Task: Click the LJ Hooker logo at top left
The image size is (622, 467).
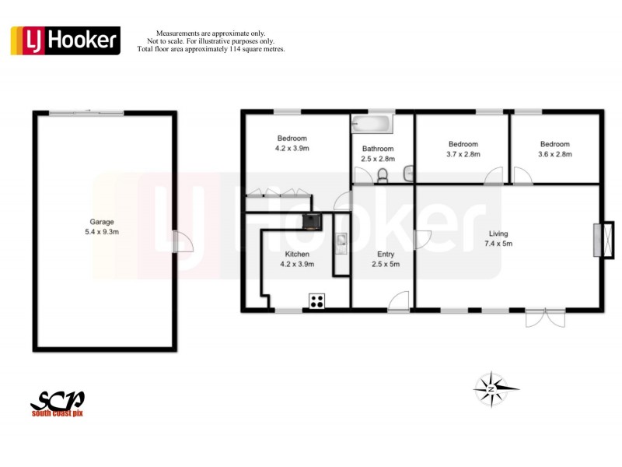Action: pyautogui.click(x=65, y=40)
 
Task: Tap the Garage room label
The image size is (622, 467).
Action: pyautogui.click(x=102, y=222)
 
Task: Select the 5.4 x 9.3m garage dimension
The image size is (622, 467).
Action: pyautogui.click(x=102, y=231)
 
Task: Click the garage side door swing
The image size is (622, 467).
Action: pyautogui.click(x=182, y=241)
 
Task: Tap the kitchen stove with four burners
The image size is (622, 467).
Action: pyautogui.click(x=317, y=301)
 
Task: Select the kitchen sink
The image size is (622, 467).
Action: pyautogui.click(x=341, y=244)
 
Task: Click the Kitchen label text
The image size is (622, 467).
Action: pyautogui.click(x=297, y=255)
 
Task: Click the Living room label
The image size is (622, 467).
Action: pyautogui.click(x=498, y=233)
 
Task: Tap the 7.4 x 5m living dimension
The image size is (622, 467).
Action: pyautogui.click(x=498, y=244)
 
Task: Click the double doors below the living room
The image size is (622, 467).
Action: pyautogui.click(x=546, y=317)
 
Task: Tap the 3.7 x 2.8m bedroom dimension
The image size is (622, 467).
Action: pyautogui.click(x=463, y=154)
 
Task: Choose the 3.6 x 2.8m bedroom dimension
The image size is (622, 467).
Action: pyautogui.click(x=555, y=154)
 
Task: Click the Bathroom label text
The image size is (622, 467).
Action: pyautogui.click(x=378, y=149)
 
